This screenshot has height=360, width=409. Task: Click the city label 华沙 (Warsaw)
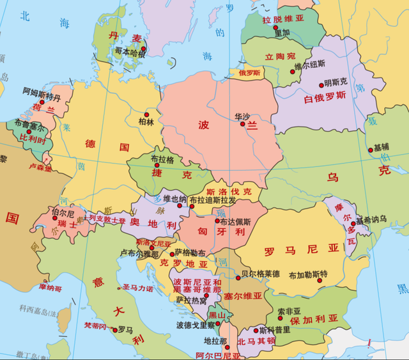point(242,116)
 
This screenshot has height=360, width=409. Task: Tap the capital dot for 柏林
point(143,113)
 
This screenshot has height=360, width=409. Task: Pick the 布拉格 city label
point(162,159)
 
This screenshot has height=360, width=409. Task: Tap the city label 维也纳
point(175,198)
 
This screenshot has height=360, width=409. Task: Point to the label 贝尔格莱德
point(260,274)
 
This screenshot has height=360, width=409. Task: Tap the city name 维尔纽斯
point(309,64)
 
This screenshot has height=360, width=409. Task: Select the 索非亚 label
point(289,311)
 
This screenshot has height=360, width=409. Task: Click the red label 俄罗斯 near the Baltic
point(250,73)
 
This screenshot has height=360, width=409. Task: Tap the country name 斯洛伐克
point(229,191)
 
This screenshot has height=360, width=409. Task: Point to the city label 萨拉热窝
point(191,300)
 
